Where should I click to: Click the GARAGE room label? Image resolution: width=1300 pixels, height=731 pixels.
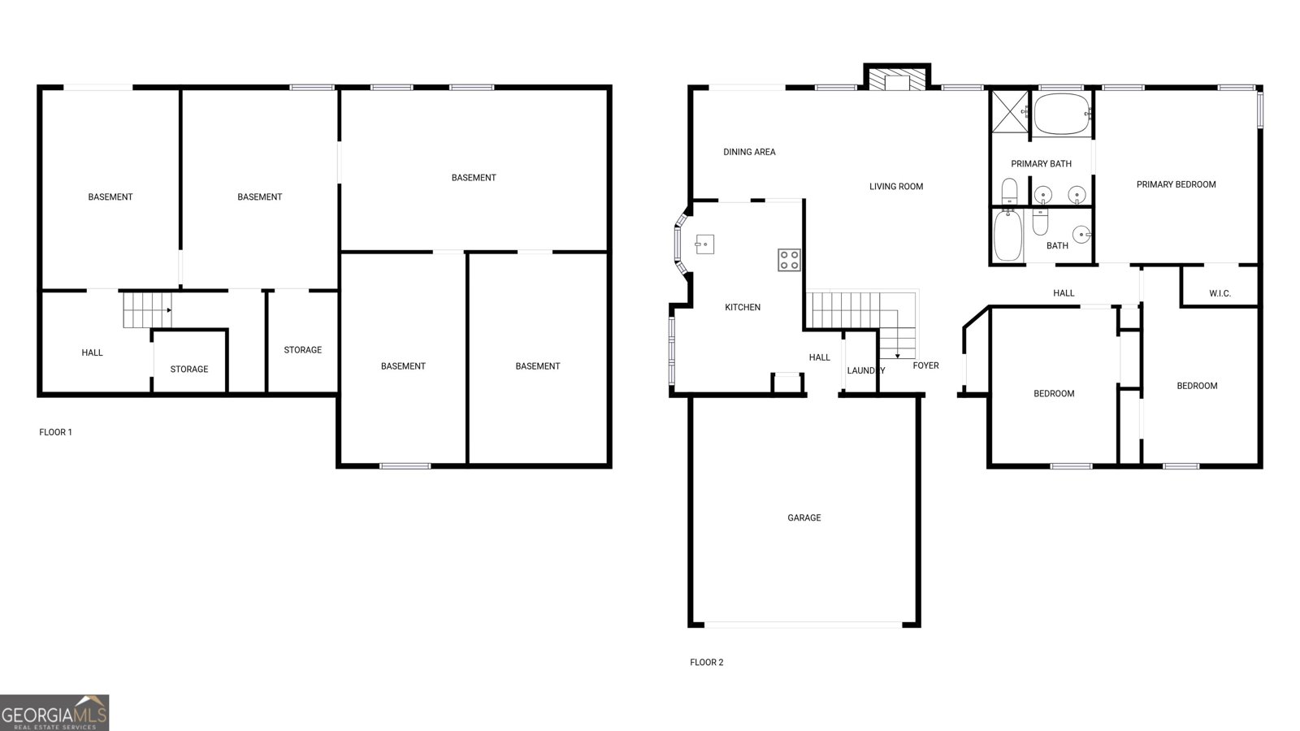pos(804,517)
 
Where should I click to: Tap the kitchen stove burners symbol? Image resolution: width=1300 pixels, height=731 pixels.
pos(789,260)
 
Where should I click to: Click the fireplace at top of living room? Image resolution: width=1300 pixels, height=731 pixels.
pos(896,79)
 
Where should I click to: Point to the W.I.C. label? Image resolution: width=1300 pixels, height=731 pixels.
pos(1220,293)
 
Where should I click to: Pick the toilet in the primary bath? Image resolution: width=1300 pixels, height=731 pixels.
pos(1009,192)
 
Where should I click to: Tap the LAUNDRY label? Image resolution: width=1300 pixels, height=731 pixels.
pos(865,370)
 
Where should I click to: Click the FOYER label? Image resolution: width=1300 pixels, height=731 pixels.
pos(925,365)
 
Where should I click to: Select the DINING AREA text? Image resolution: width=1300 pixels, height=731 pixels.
pos(749,152)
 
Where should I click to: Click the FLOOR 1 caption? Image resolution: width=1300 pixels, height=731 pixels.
pos(55,432)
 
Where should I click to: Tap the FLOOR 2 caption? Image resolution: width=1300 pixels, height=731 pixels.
pos(706,662)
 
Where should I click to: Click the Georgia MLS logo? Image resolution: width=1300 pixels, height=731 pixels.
pos(54,712)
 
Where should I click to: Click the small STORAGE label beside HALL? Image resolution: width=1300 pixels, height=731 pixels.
pos(188,369)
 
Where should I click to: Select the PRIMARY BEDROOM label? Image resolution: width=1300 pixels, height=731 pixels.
pos(1176,184)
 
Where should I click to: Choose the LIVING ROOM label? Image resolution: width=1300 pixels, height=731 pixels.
pos(896,186)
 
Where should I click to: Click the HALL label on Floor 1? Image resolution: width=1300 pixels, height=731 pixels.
pos(92,353)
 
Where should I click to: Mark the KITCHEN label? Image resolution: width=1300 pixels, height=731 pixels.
pos(743,307)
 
